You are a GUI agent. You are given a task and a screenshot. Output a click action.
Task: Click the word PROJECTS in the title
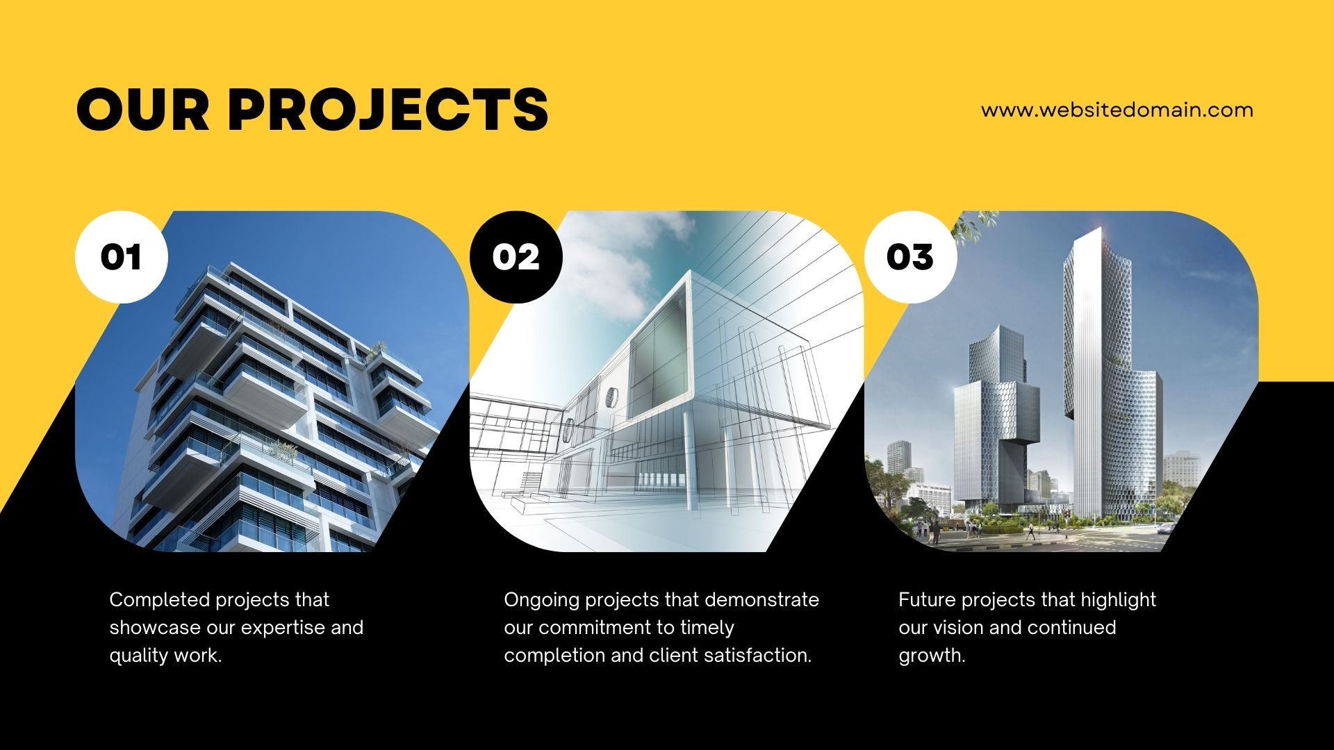(x=388, y=109)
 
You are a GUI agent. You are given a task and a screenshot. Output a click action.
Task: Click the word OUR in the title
(x=143, y=109)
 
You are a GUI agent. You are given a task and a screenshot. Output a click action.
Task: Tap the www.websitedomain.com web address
(x=1117, y=110)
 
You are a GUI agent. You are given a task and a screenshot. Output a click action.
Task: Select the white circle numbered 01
(x=122, y=257)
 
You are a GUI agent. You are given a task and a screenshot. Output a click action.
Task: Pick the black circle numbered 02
(x=516, y=257)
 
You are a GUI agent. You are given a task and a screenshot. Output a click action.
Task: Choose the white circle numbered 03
(x=911, y=257)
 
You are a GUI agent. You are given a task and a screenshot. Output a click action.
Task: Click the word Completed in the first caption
(x=160, y=600)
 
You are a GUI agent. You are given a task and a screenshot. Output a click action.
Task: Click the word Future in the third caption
(x=928, y=600)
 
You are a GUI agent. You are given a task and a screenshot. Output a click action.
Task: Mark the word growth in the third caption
(x=932, y=656)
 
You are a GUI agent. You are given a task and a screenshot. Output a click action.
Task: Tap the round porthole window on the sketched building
(x=611, y=397)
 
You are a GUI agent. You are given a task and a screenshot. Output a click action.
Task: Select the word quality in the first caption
(x=139, y=656)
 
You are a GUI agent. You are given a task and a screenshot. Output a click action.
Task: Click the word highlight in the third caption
(x=1118, y=600)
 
